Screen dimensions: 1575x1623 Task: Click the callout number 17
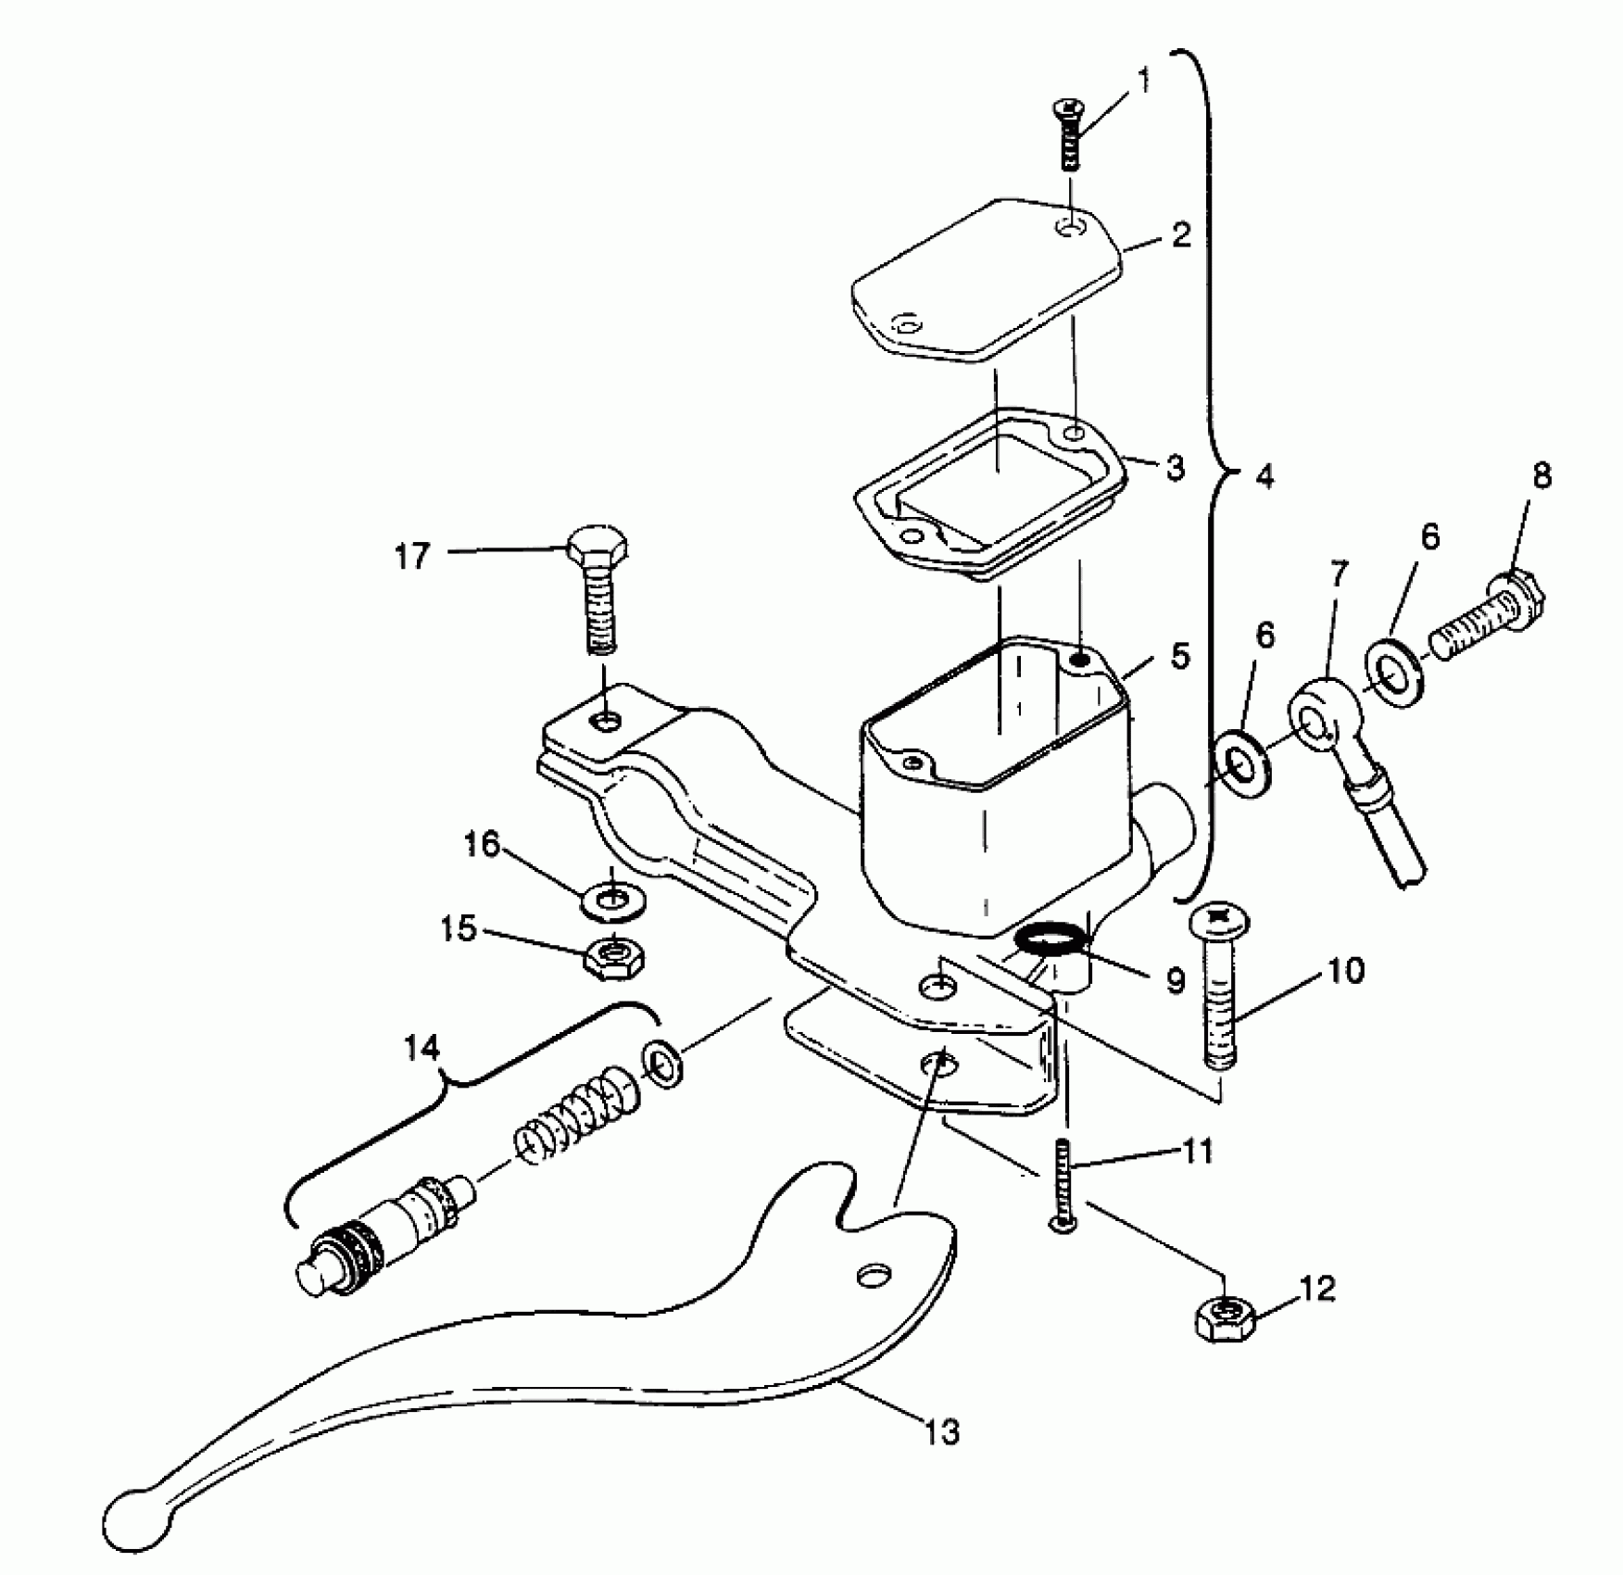[412, 557]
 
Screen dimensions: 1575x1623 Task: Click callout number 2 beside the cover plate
[1180, 236]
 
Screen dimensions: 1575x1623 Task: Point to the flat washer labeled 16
[613, 901]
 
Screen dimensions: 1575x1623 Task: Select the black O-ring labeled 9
[1050, 941]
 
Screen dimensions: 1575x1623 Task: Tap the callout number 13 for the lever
[942, 1432]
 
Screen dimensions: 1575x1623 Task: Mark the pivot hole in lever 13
[872, 1276]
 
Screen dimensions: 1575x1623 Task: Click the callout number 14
[421, 1048]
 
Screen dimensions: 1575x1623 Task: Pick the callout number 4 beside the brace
[1264, 478]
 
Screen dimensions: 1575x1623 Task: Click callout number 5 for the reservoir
[1179, 656]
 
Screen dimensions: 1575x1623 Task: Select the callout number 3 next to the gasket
[1175, 468]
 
